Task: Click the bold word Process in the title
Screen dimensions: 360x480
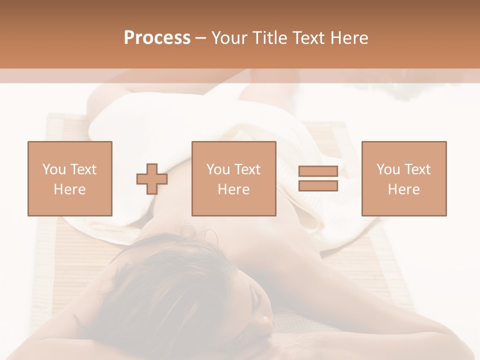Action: click(157, 38)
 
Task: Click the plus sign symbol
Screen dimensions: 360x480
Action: click(152, 178)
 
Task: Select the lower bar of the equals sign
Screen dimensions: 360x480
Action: click(318, 185)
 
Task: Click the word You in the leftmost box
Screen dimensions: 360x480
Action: click(54, 169)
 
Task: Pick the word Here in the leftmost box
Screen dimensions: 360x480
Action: click(69, 189)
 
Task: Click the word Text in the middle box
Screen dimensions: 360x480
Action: click(247, 169)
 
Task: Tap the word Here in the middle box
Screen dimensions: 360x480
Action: click(233, 189)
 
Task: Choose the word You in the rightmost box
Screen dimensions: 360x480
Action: click(388, 169)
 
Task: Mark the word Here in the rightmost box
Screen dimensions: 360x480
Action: click(403, 189)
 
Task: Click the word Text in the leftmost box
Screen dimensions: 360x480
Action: click(83, 169)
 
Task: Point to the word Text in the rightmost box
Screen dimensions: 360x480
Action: click(417, 169)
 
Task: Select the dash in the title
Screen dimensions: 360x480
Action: click(200, 38)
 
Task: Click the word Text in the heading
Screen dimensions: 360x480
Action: click(306, 38)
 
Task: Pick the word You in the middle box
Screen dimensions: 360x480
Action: click(218, 169)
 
